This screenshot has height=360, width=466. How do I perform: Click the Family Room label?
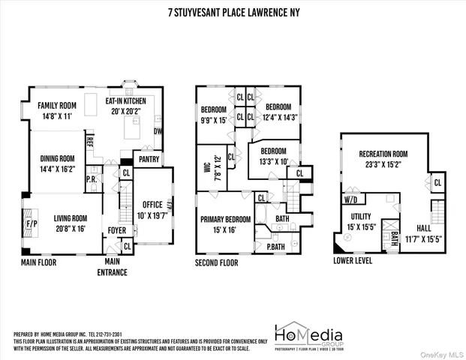tap(58, 106)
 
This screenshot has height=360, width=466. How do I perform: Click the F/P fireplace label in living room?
tap(32, 223)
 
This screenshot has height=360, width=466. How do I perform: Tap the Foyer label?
tap(116, 231)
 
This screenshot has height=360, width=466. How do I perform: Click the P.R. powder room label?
tap(90, 180)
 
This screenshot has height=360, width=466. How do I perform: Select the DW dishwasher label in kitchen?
tap(158, 130)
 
